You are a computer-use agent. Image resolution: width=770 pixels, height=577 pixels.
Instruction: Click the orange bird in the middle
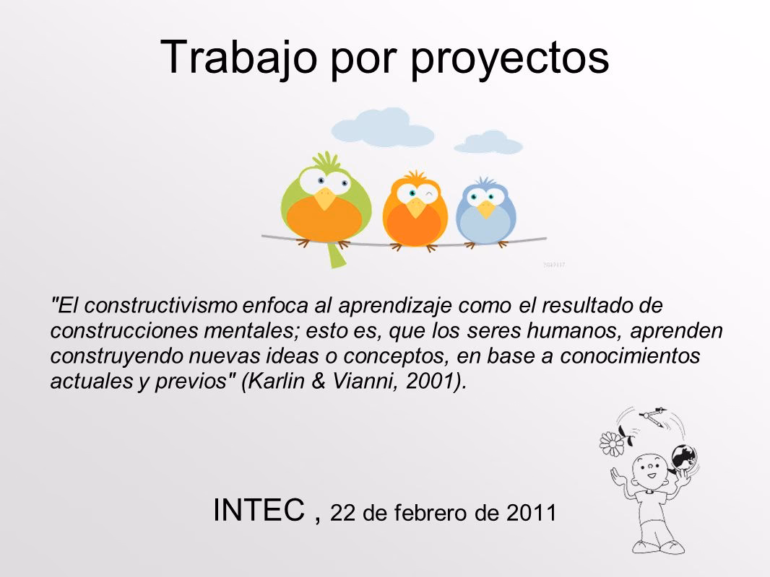415,210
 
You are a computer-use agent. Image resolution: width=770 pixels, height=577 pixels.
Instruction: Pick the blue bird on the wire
485,212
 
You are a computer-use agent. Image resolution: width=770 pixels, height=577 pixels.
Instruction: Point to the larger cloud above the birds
382,128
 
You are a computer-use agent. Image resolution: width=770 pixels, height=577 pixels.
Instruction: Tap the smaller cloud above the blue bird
488,143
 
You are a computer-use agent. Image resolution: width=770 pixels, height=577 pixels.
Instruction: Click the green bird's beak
324,198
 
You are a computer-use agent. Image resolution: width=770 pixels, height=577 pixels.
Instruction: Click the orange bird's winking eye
430,195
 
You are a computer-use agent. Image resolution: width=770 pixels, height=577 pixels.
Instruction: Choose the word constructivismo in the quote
161,305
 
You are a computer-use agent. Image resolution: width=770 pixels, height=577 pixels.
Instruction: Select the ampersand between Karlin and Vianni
319,381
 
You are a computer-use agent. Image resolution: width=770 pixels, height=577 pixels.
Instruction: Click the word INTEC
259,510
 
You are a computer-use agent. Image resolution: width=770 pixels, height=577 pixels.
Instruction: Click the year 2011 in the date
532,513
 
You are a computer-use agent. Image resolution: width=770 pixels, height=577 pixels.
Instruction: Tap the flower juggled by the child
612,443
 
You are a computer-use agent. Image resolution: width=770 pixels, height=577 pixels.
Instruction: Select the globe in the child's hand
684,457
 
